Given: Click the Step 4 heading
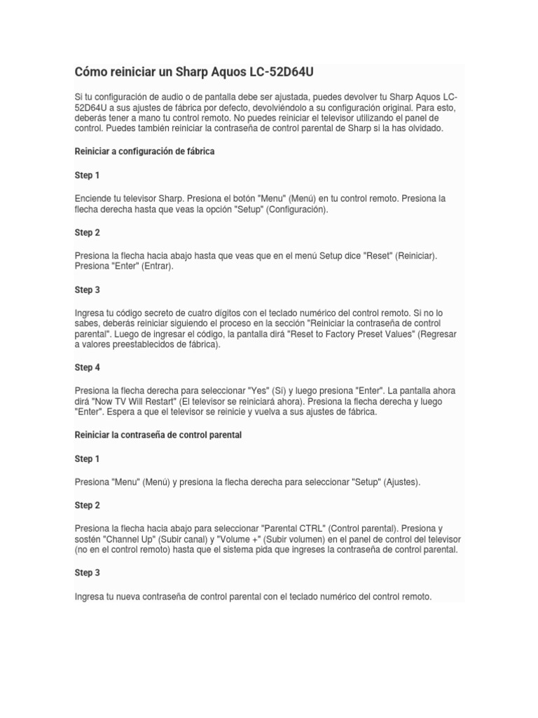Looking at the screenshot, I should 88,367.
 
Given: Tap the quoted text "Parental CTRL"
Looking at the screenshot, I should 291,527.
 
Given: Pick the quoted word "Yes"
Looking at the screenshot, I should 260,391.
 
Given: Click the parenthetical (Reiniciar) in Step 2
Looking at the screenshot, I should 416,256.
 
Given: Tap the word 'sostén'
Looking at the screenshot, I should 90,538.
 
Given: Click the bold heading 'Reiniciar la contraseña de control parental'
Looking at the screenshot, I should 158,435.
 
